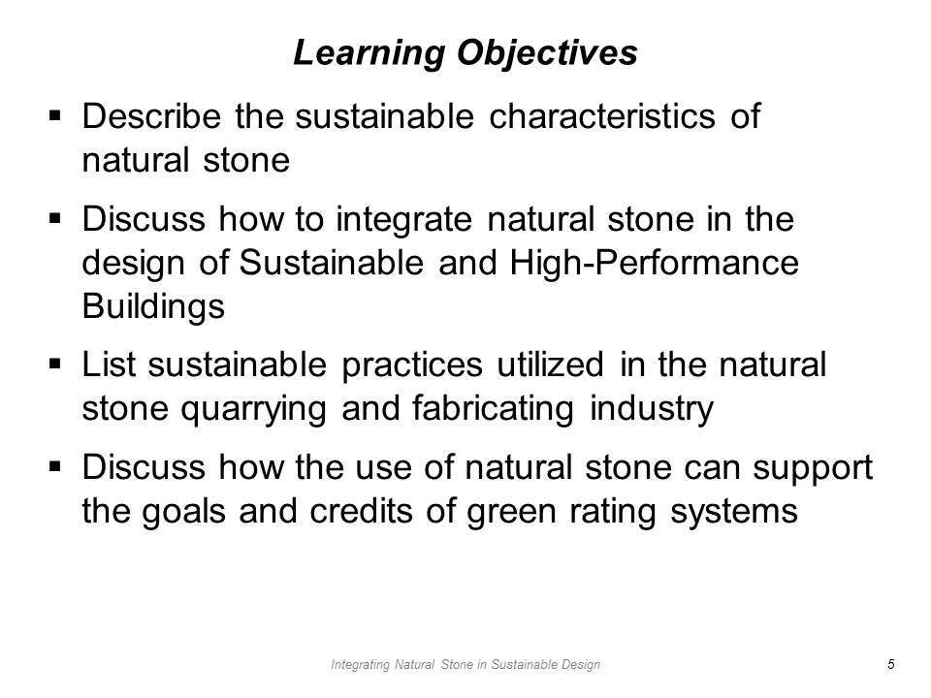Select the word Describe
151,115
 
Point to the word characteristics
602,115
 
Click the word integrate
403,221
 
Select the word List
108,364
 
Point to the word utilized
551,364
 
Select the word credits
361,511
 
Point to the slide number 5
890,664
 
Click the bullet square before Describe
55,115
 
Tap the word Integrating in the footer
361,665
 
